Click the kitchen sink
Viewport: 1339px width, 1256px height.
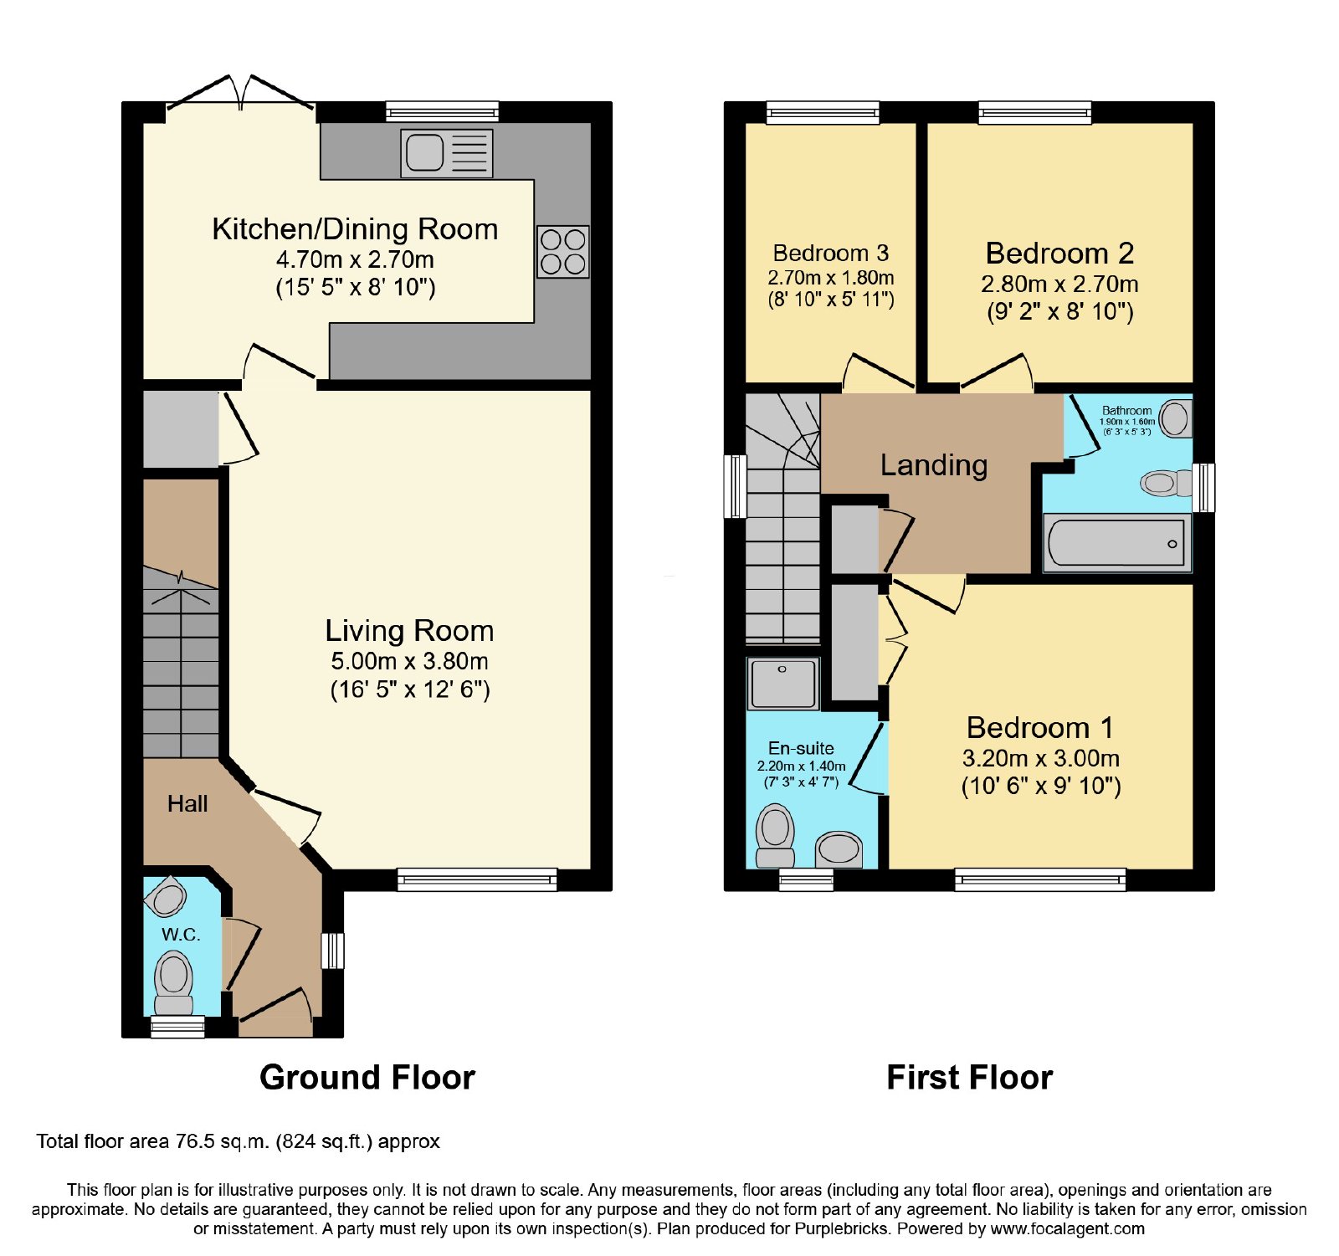point(446,153)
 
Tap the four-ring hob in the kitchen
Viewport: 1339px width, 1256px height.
point(562,252)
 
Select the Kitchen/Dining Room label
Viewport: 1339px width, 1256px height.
point(355,228)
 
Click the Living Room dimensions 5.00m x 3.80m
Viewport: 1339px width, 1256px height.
point(409,661)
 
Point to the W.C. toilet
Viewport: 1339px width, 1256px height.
point(174,984)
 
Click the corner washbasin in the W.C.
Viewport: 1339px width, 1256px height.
point(166,898)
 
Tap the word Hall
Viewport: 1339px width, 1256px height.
point(187,804)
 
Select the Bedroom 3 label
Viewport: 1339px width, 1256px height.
point(831,253)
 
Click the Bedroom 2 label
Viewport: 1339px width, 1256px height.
point(1059,253)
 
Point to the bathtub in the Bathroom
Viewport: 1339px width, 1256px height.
point(1117,543)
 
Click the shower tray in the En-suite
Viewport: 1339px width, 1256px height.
point(782,684)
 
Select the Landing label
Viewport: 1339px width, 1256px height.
point(934,464)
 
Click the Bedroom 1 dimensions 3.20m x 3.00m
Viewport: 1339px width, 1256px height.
point(1041,758)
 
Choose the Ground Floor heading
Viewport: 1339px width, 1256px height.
point(367,1077)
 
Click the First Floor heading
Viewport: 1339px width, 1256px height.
point(969,1077)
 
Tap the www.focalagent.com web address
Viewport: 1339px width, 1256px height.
point(1067,1229)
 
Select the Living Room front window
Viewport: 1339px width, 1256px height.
point(477,879)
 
